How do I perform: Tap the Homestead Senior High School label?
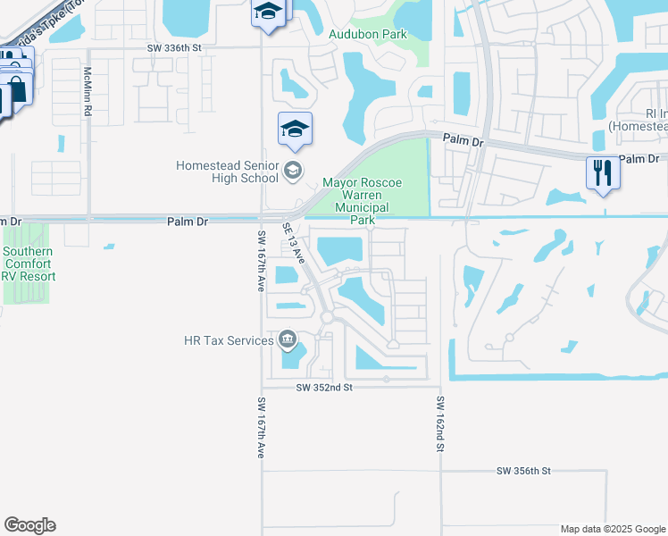coord(227,172)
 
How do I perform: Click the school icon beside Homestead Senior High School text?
coord(292,170)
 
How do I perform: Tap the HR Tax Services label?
coord(228,340)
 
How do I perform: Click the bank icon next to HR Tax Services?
coord(288,339)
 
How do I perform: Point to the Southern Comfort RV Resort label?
coord(28,264)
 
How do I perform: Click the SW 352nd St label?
coord(325,388)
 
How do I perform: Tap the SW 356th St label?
coord(524,470)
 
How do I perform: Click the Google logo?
coord(29,525)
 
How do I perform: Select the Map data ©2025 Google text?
coord(613,529)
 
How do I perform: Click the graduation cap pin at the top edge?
coord(266,13)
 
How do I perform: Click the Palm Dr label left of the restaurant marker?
coord(463,141)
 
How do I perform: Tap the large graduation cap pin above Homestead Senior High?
coord(296,130)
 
